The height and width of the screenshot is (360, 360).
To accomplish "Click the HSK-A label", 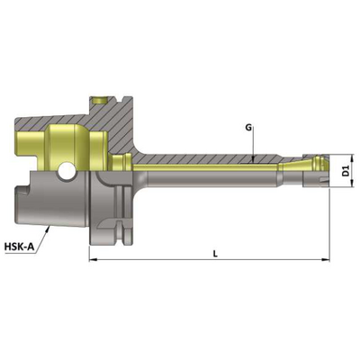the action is coord(19,247).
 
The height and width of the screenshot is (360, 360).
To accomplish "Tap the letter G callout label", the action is coord(248,128).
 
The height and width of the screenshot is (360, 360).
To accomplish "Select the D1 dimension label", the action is coord(346,171).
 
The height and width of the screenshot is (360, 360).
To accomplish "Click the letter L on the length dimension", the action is coord(215,254).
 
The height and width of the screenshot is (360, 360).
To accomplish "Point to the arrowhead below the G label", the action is coord(254,160).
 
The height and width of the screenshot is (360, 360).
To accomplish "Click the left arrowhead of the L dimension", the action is coord(93,259).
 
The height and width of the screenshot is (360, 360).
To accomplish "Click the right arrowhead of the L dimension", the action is coord(326,259).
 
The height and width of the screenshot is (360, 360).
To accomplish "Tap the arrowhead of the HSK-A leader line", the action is coord(48,229).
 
